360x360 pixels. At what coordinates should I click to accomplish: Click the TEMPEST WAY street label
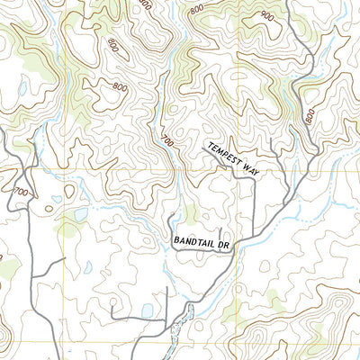pyautogui.click(x=231, y=160)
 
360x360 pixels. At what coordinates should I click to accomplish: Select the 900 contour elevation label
pyautogui.click(x=266, y=16)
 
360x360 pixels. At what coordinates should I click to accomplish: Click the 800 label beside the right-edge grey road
pyautogui.click(x=310, y=116)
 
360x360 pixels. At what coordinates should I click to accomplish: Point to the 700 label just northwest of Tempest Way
pyautogui.click(x=166, y=140)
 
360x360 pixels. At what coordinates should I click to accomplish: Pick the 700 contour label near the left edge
pyautogui.click(x=19, y=192)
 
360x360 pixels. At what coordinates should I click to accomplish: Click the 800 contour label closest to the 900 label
pyautogui.click(x=197, y=10)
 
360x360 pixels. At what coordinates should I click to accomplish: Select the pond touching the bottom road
pyautogui.click(x=146, y=311)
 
